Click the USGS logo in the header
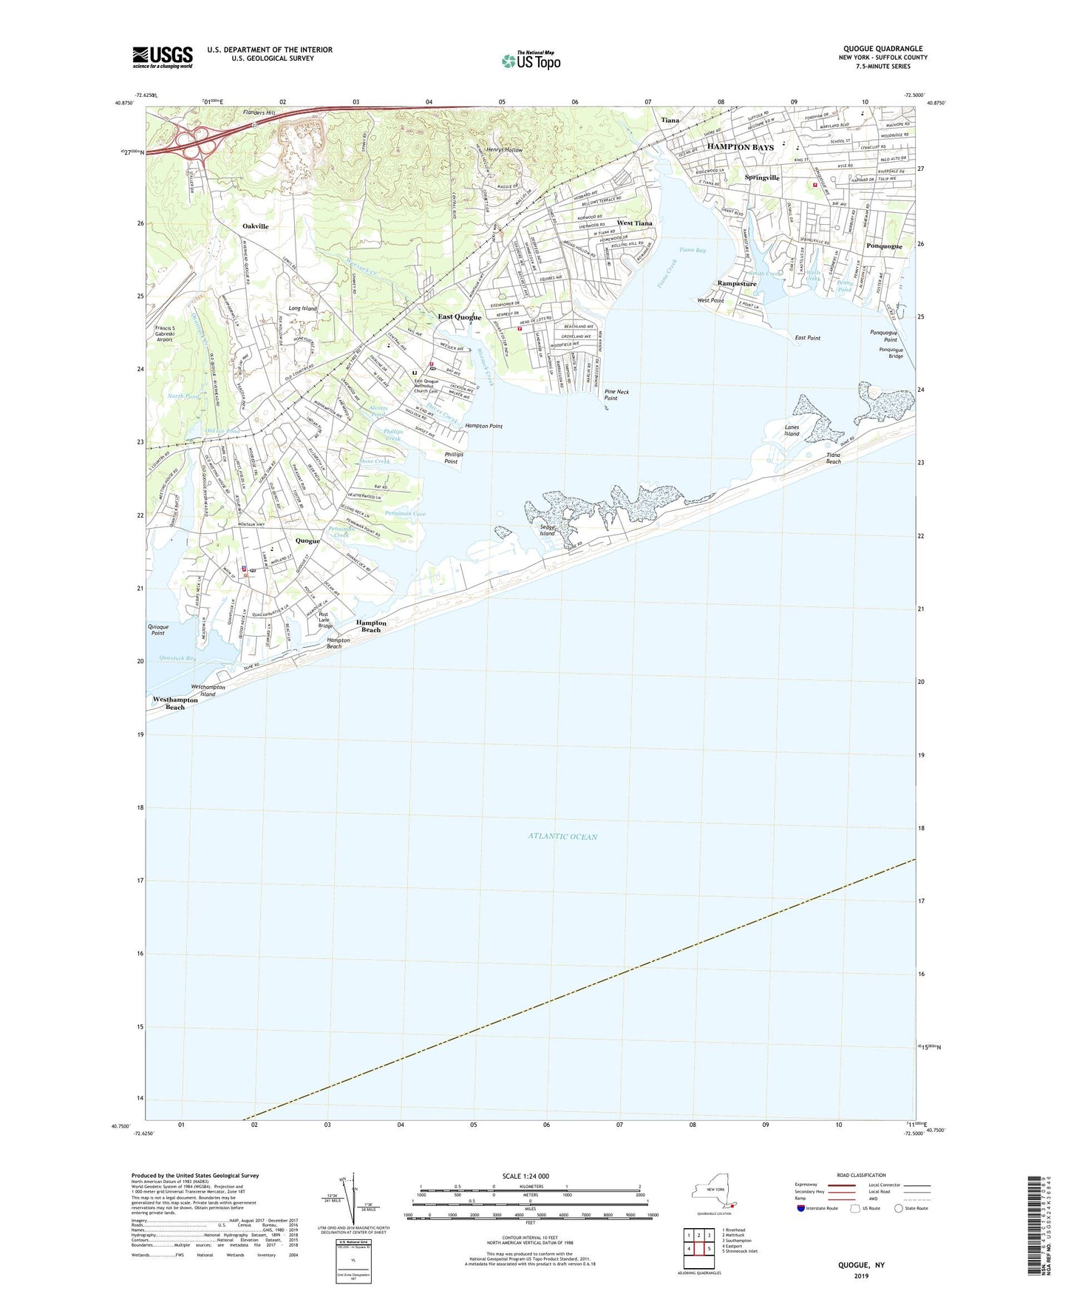click(162, 57)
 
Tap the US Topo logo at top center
click(531, 60)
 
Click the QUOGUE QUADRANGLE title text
click(882, 49)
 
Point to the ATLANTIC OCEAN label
click(562, 836)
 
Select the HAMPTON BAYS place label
click(740, 147)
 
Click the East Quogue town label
click(459, 317)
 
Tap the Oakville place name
click(255, 226)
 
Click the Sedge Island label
click(547, 529)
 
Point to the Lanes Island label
click(792, 430)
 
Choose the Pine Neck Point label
click(616, 395)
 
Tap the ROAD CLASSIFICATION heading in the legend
click(861, 1175)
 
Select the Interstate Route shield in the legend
click(801, 1208)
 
